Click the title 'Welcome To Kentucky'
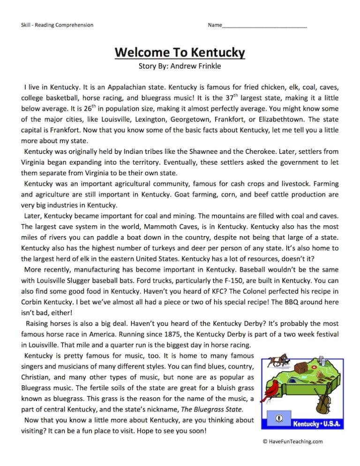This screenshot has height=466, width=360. pyautogui.click(x=180, y=52)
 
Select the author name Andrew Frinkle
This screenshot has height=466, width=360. pyautogui.click(x=195, y=66)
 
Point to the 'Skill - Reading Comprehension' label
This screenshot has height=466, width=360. pyautogui.click(x=57, y=25)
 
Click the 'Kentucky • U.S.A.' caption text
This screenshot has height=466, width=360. pyautogui.click(x=317, y=424)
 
